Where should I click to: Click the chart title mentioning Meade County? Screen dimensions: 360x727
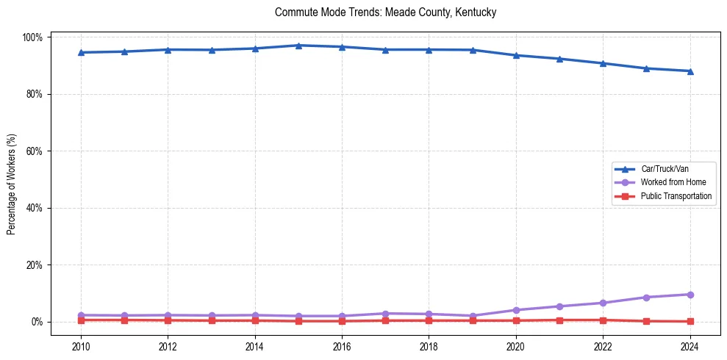386,12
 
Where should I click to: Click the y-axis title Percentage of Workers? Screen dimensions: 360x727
12,179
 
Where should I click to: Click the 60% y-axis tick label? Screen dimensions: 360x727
35,151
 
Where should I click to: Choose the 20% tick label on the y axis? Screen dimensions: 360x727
35,265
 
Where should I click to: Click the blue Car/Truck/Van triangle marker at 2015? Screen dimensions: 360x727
298,46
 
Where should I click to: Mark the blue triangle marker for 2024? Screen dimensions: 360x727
690,71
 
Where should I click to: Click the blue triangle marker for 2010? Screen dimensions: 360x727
81,52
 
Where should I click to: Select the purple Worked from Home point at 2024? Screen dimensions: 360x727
690,295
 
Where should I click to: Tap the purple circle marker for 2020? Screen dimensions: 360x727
516,310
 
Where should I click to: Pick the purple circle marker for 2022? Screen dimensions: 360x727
603,303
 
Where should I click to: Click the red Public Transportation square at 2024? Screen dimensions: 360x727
690,321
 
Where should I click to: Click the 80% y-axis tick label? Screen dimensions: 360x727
35,94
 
